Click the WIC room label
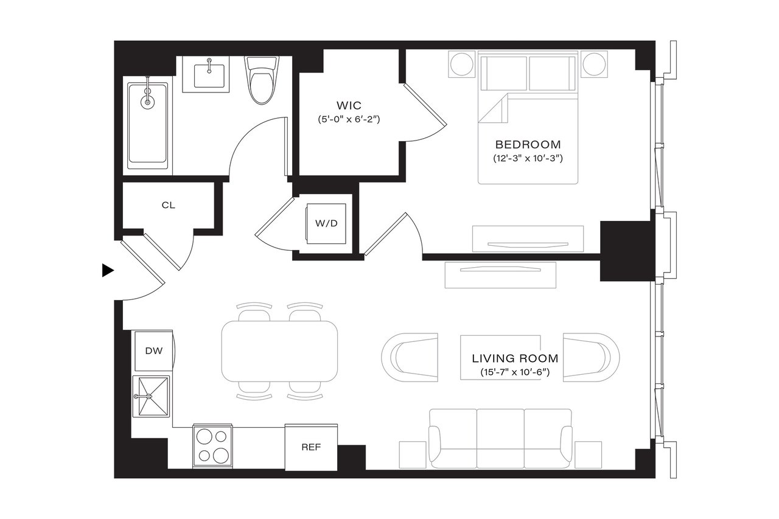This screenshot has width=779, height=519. [x=348, y=105]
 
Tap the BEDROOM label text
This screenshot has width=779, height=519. [x=528, y=145]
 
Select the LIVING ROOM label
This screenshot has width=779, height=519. [x=515, y=358]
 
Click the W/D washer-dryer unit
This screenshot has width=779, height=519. [x=326, y=223]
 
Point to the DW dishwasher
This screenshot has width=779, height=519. [x=153, y=350]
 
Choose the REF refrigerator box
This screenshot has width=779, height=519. [x=310, y=447]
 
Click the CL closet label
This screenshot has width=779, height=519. [x=168, y=205]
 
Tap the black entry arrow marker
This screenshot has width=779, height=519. [x=108, y=270]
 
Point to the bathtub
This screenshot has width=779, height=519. [x=147, y=124]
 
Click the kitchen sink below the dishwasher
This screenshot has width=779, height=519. [x=152, y=396]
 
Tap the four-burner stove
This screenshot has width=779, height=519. [x=212, y=446]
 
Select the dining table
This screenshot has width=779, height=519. [x=279, y=351]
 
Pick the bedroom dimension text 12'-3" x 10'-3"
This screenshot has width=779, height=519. [x=527, y=158]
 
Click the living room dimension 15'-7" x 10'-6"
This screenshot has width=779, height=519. [x=515, y=372]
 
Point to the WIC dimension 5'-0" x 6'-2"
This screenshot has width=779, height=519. [x=348, y=119]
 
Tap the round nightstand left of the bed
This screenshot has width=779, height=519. [x=461, y=64]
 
